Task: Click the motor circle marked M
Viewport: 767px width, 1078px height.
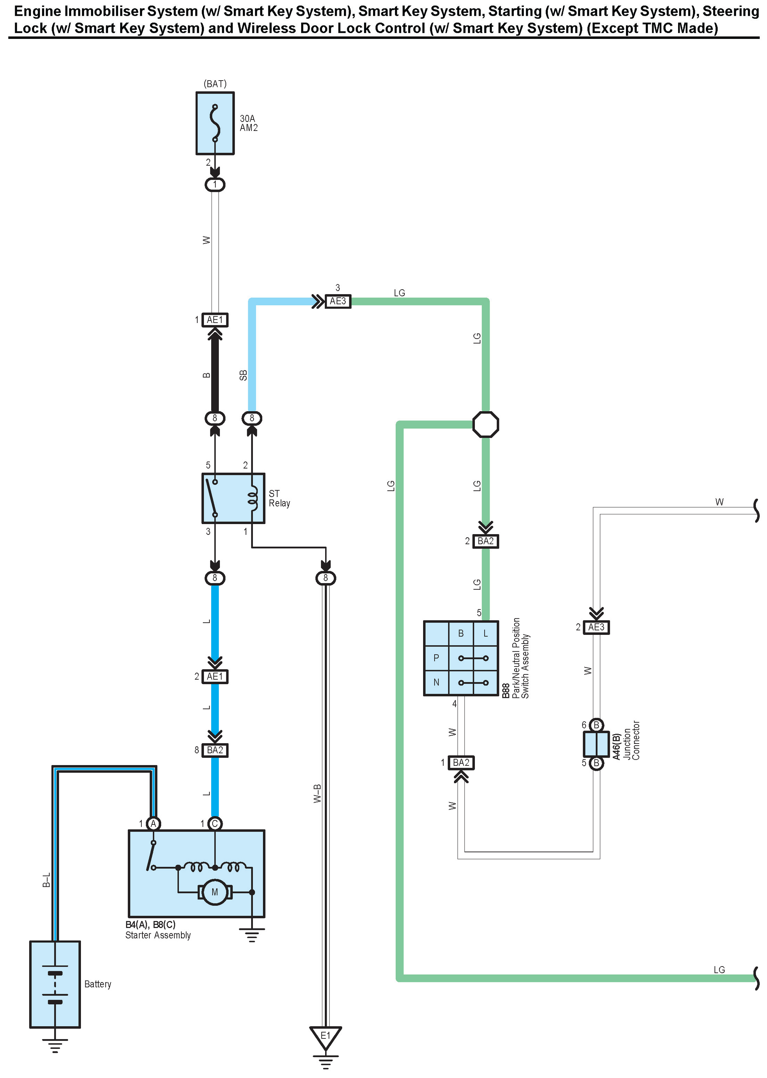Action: coord(214,892)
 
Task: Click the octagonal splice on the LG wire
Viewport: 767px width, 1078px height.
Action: coord(486,424)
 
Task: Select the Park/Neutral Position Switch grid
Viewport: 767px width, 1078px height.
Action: coord(460,658)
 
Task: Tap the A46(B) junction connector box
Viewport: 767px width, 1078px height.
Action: coord(596,744)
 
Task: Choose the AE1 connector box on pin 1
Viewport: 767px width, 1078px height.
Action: coord(215,320)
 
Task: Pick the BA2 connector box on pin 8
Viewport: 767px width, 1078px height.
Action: coord(215,750)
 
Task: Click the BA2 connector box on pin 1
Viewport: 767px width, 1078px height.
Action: coord(460,763)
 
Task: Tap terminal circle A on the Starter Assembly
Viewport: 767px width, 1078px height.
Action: coord(153,823)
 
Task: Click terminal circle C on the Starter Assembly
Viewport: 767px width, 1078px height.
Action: coord(215,823)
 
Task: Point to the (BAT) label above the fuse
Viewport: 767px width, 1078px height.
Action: coord(215,83)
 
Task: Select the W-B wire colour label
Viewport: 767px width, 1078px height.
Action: coord(317,793)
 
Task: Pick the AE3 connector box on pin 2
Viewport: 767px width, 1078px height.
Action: coord(596,627)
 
